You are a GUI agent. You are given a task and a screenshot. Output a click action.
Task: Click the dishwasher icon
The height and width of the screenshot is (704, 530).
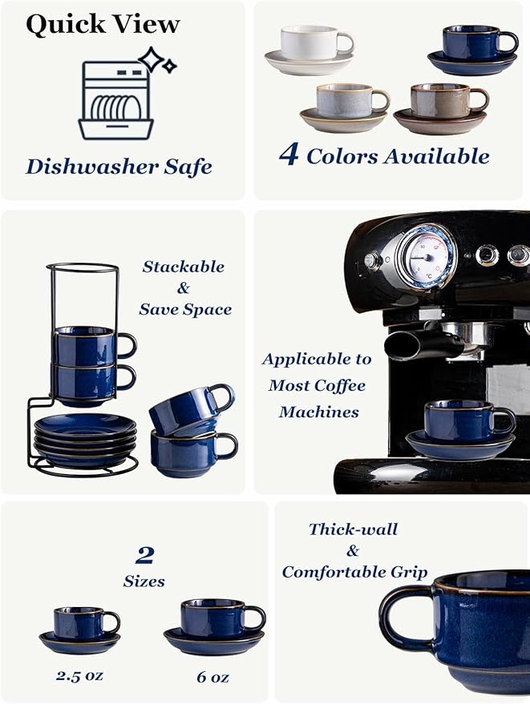tap(115, 101)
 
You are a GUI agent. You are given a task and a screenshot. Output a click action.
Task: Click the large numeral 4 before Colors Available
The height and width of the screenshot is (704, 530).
tap(289, 154)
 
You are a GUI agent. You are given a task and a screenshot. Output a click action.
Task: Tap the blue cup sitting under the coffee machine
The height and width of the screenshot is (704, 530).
tap(464, 420)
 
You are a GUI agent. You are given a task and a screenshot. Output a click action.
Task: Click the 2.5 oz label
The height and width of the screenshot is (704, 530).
tap(79, 675)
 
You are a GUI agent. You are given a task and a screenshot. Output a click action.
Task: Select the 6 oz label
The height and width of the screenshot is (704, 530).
tap(213, 677)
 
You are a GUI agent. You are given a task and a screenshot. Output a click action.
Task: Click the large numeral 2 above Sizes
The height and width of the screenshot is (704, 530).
tap(144, 555)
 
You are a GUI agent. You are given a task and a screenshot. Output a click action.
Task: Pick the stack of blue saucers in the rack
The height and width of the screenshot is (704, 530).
tap(75, 439)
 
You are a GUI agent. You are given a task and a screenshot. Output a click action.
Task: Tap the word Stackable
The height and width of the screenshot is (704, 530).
tap(183, 267)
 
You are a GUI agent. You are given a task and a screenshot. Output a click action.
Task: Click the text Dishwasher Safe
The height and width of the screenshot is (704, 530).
tap(119, 167)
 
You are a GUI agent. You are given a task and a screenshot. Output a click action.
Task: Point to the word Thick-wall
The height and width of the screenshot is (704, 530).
tap(353, 529)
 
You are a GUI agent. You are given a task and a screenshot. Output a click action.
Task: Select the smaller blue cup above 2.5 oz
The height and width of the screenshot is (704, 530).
tap(81, 622)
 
